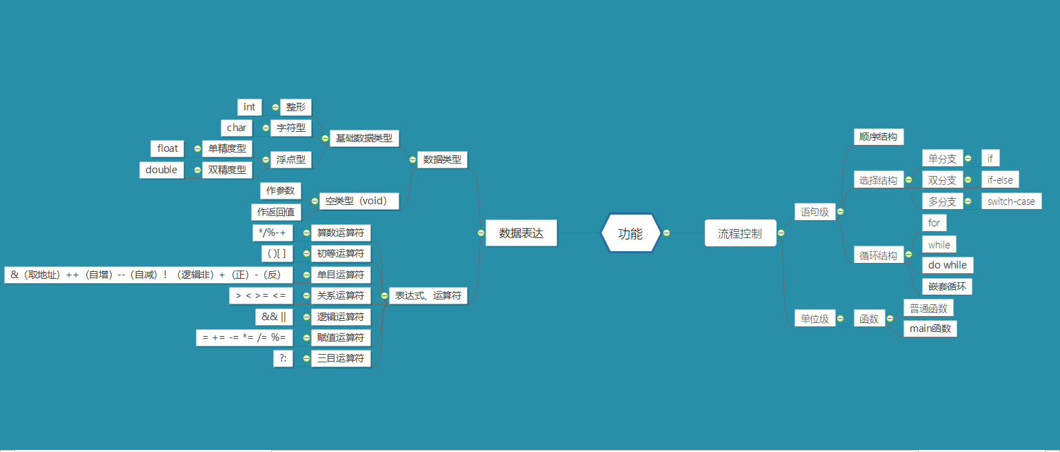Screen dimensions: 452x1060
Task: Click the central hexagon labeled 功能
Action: click(x=630, y=233)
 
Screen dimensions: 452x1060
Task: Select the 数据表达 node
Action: click(x=521, y=233)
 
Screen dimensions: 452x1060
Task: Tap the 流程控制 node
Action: click(x=740, y=233)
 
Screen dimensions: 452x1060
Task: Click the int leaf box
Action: click(x=249, y=107)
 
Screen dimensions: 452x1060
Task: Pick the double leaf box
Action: click(x=161, y=170)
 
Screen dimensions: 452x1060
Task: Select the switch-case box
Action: click(x=1011, y=202)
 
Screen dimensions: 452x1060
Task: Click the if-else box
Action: click(x=1000, y=180)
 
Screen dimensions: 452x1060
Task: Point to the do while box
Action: click(x=948, y=265)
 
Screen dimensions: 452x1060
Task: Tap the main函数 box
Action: click(x=930, y=328)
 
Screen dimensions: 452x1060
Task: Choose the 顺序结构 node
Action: click(x=879, y=137)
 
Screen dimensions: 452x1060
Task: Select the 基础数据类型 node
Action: click(x=364, y=138)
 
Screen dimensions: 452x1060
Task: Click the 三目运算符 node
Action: click(x=341, y=359)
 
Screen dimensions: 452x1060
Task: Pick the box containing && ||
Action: click(x=274, y=317)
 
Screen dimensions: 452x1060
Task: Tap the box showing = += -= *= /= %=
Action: click(x=245, y=337)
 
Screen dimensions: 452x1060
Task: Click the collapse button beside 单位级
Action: click(x=840, y=319)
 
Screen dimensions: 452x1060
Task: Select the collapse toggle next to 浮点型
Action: click(x=265, y=159)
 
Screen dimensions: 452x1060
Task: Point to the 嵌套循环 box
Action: click(x=947, y=286)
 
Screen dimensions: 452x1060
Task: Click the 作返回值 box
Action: click(x=276, y=212)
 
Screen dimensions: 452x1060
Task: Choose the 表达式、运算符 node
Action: click(x=428, y=296)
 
